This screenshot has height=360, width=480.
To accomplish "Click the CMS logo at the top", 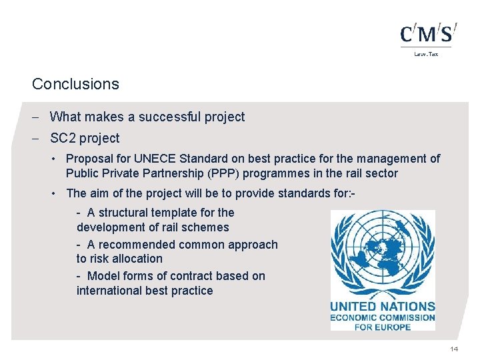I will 428,33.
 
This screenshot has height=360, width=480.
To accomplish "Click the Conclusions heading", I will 75,84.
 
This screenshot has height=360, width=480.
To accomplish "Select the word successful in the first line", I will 166,117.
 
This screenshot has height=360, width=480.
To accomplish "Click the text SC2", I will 63,138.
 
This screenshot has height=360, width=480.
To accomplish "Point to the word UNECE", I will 154,159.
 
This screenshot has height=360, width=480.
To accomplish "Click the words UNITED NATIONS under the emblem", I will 383,307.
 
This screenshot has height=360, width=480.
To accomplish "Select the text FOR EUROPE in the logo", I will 383,327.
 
